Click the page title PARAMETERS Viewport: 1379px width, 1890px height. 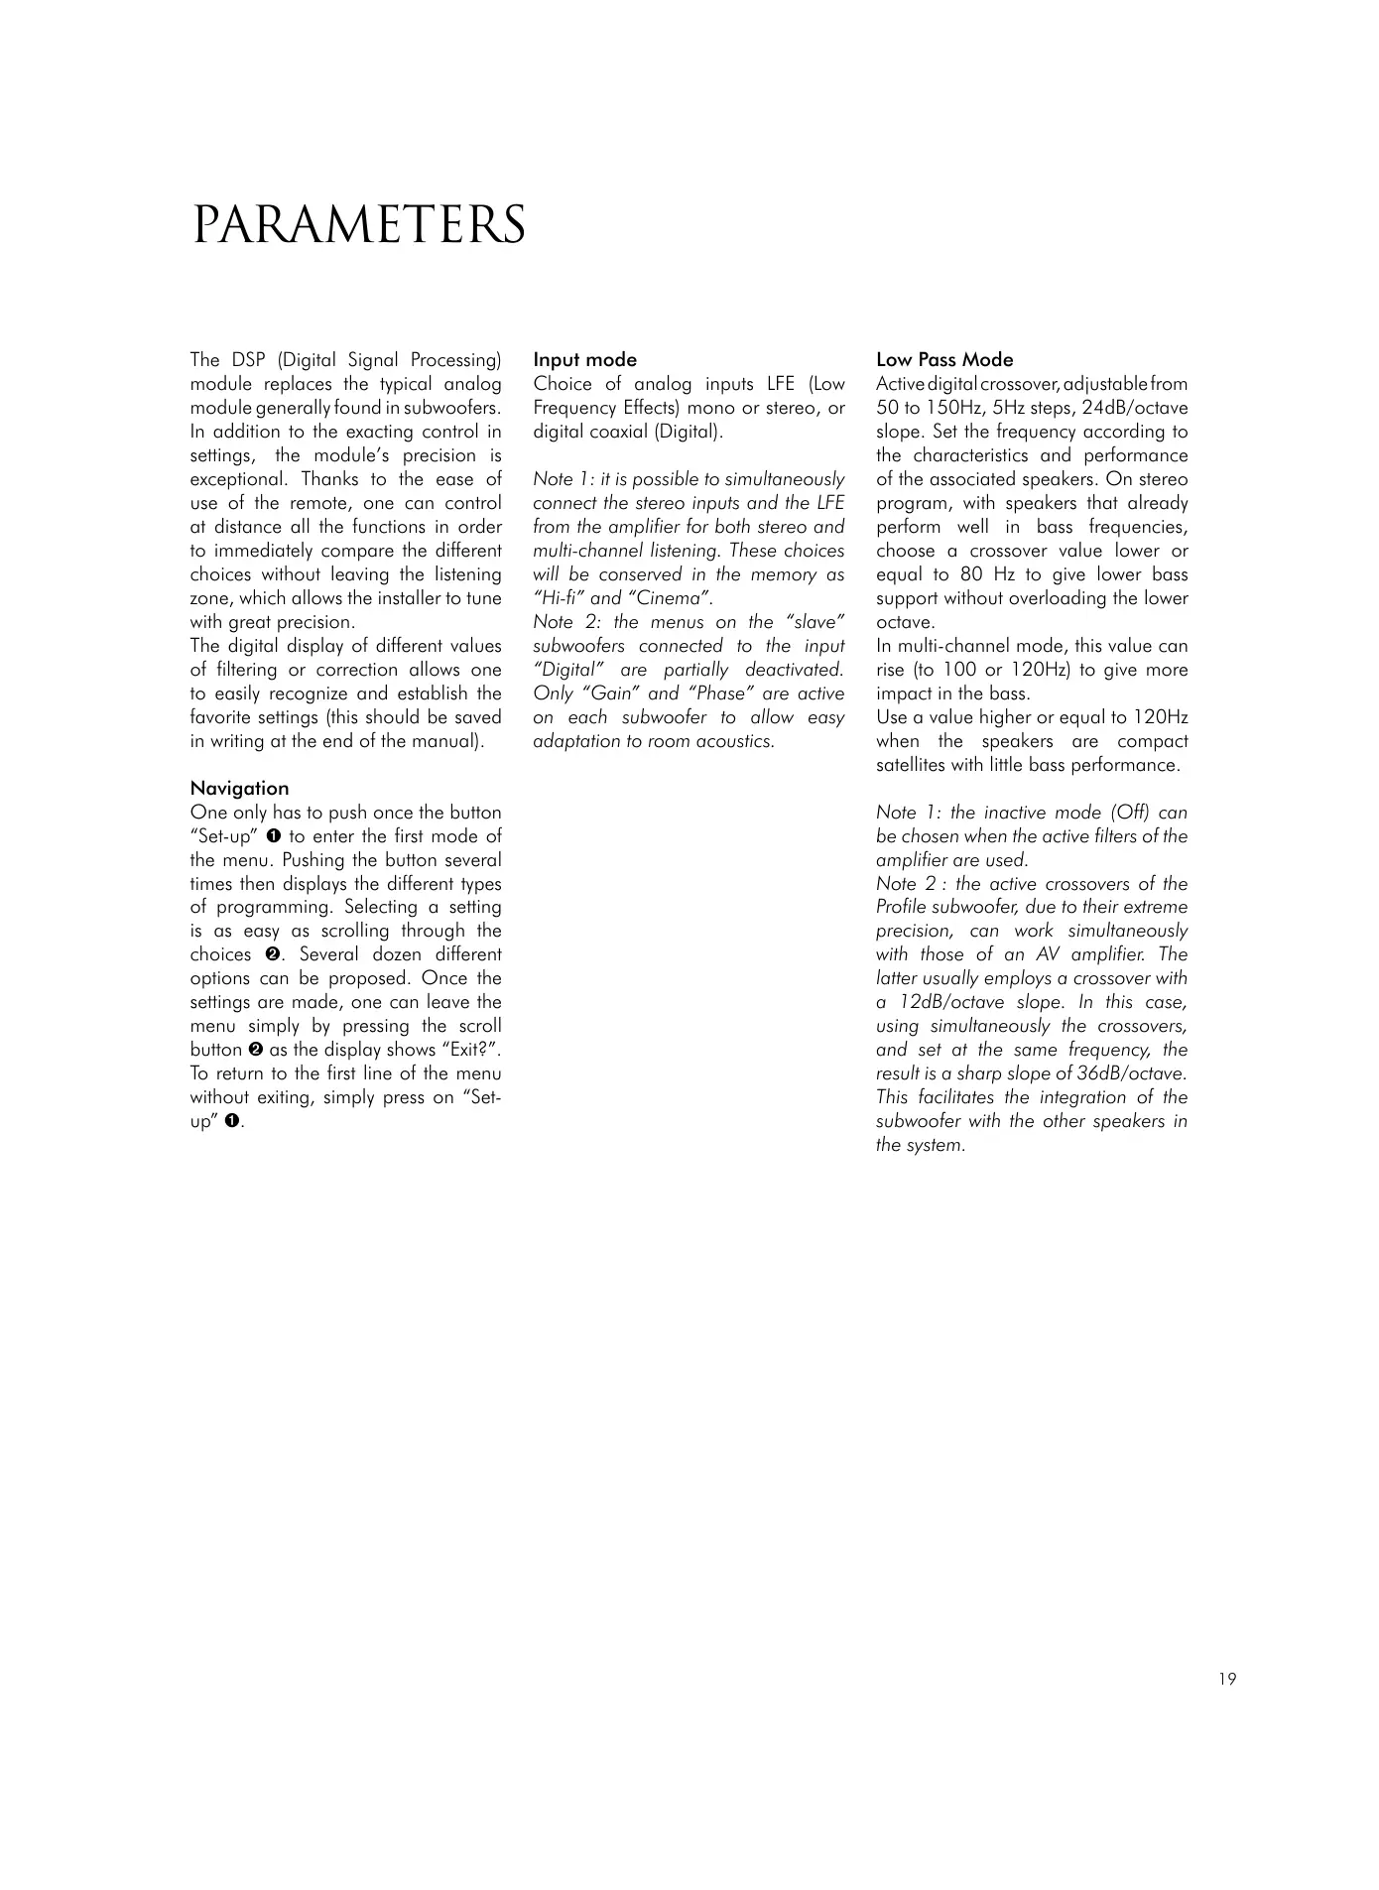(x=358, y=226)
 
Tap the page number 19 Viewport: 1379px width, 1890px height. (x=1227, y=1679)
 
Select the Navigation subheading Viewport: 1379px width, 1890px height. (x=239, y=789)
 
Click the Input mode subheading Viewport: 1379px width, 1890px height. (x=584, y=360)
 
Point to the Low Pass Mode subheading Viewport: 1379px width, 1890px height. (x=944, y=360)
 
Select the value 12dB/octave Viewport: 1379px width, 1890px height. (x=950, y=1002)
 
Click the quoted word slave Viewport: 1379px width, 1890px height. (x=815, y=622)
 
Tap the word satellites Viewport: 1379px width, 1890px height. (x=915, y=765)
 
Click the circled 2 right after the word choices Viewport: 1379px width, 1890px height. (x=271, y=955)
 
